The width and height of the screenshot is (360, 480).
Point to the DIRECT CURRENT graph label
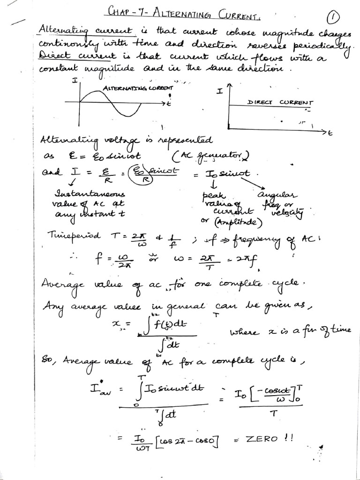(280, 102)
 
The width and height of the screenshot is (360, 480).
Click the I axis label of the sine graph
(74, 81)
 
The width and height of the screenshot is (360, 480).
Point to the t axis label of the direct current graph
(330, 134)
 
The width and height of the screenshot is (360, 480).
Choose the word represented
(185, 141)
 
